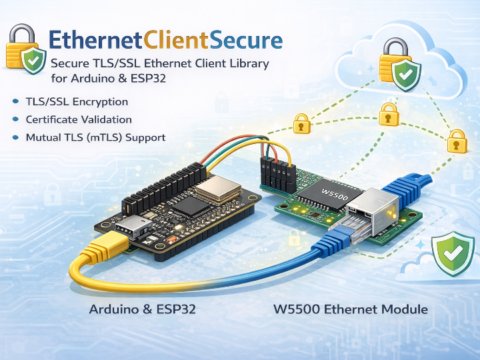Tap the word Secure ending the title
pos(246,41)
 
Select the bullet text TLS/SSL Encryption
pos(77,102)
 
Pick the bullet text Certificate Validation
pos(79,120)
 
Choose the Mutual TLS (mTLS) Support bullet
pos(95,137)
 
